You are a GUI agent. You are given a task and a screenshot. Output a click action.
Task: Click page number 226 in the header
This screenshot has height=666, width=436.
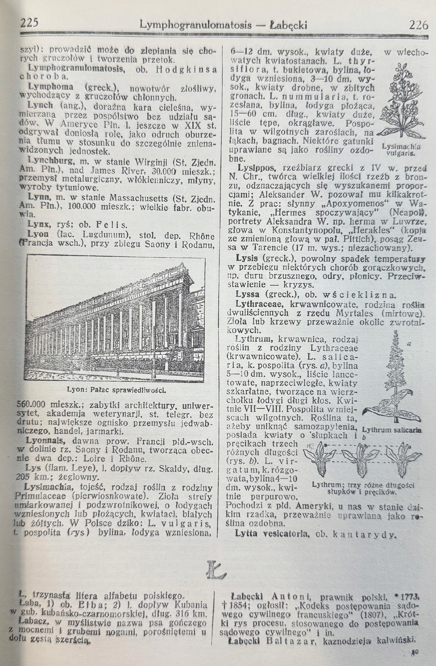tap(418, 25)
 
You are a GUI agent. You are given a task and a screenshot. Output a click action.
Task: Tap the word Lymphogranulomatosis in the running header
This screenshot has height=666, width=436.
tap(195, 26)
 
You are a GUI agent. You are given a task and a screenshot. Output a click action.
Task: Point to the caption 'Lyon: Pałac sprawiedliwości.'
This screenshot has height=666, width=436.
tap(116, 390)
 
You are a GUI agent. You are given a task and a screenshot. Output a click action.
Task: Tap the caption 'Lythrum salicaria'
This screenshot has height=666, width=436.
tap(392, 430)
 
